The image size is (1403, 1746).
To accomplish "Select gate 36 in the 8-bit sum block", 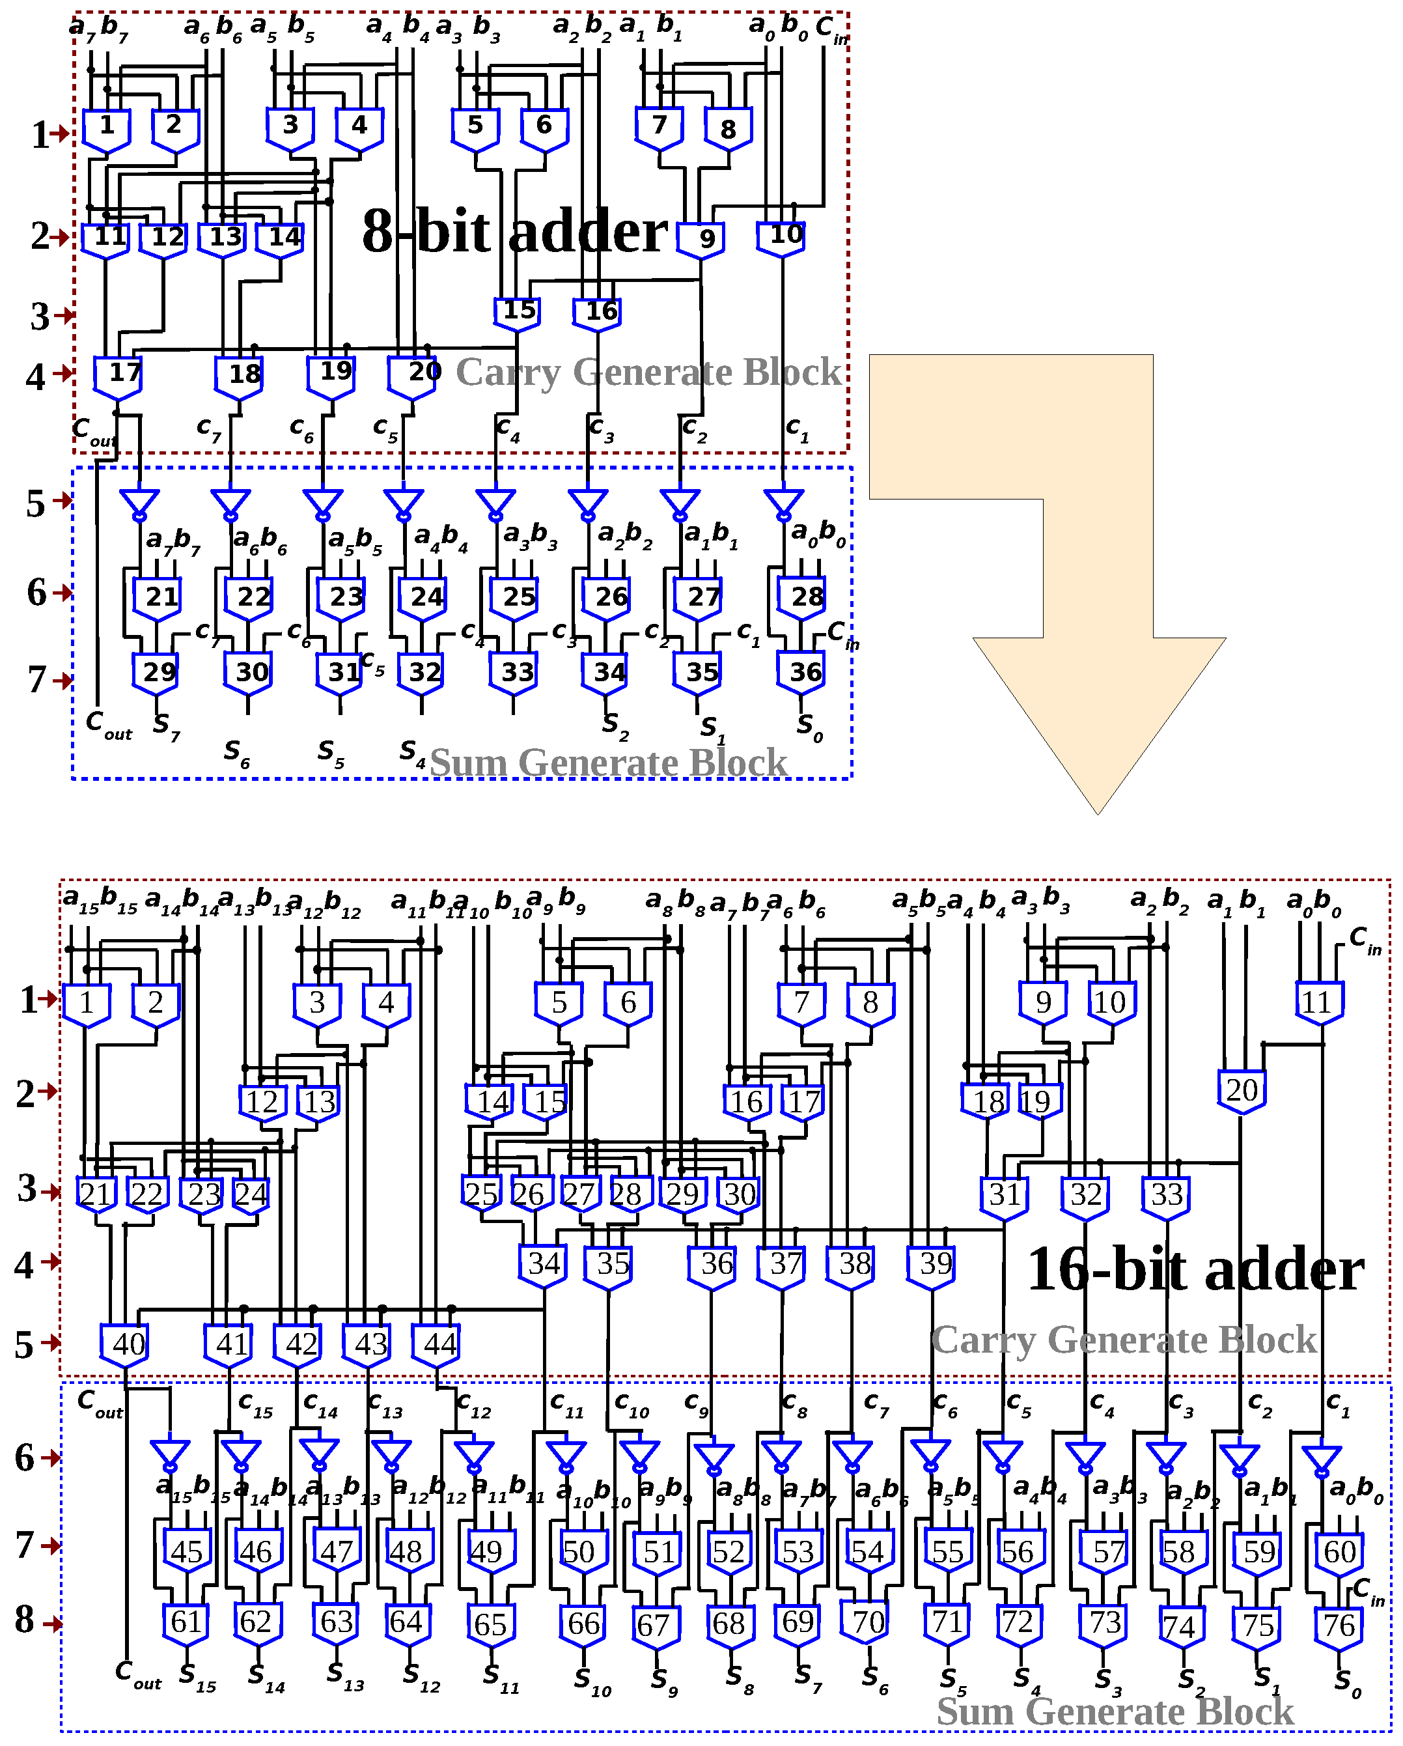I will pos(801,672).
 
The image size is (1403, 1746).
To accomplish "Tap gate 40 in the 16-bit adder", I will pos(125,1344).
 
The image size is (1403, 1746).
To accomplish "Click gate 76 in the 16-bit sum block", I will pos(1339,1624).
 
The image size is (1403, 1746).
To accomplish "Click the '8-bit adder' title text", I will pos(515,232).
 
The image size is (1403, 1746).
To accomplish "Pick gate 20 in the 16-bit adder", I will pos(1241,1091).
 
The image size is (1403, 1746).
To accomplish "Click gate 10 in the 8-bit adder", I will pos(782,236).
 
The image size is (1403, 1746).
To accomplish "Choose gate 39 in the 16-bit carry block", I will pos(932,1264).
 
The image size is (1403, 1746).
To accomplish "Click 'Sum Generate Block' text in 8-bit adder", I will pos(609,762).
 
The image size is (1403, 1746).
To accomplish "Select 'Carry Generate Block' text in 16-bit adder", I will pos(1124,1340).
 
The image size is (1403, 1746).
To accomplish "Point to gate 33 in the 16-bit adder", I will pos(1167,1195).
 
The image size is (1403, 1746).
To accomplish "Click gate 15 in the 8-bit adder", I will pos(518,312).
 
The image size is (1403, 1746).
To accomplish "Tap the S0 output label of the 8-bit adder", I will pos(809,726).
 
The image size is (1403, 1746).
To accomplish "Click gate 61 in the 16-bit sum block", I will pos(186,1622).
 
